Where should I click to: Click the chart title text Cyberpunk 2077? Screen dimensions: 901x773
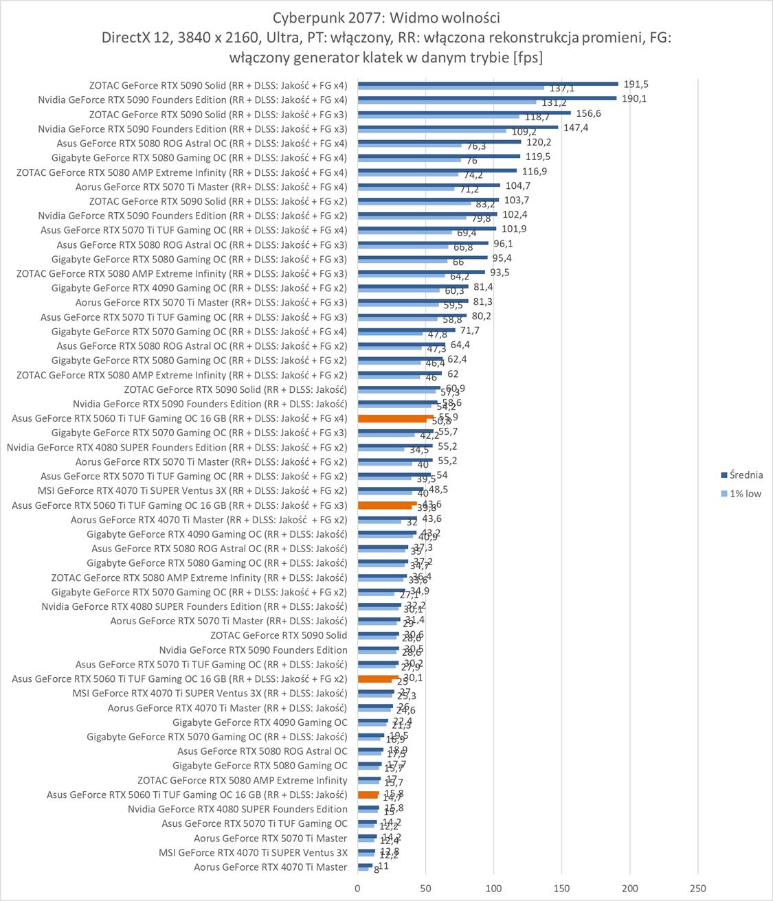tap(386, 16)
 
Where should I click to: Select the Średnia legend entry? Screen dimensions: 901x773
tap(746, 475)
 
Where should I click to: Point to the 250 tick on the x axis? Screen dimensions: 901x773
tap(697, 888)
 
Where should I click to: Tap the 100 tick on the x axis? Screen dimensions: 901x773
tap(493, 888)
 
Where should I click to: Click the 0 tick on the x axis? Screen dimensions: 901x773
tap(357, 888)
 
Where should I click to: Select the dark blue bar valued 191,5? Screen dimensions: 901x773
tap(488, 84)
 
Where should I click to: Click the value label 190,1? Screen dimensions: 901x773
tap(634, 98)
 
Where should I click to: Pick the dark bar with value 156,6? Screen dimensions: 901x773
tap(464, 113)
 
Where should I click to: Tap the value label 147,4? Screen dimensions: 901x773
tap(576, 128)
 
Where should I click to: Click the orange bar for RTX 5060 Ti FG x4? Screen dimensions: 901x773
tap(395, 416)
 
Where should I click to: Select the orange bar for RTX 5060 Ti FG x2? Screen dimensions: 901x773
tap(378, 677)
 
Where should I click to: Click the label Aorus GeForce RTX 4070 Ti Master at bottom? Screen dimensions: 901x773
tap(270, 867)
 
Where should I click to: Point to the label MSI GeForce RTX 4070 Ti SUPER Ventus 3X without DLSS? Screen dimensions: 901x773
tap(253, 853)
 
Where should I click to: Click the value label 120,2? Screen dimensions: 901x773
tap(539, 142)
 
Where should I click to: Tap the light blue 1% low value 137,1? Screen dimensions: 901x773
tap(561, 89)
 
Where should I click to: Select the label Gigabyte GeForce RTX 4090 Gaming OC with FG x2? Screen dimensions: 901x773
tap(199, 288)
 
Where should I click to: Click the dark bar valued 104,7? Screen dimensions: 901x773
tap(429, 185)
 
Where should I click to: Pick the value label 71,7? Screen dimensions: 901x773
tap(470, 330)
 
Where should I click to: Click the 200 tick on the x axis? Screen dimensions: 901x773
tap(629, 888)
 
